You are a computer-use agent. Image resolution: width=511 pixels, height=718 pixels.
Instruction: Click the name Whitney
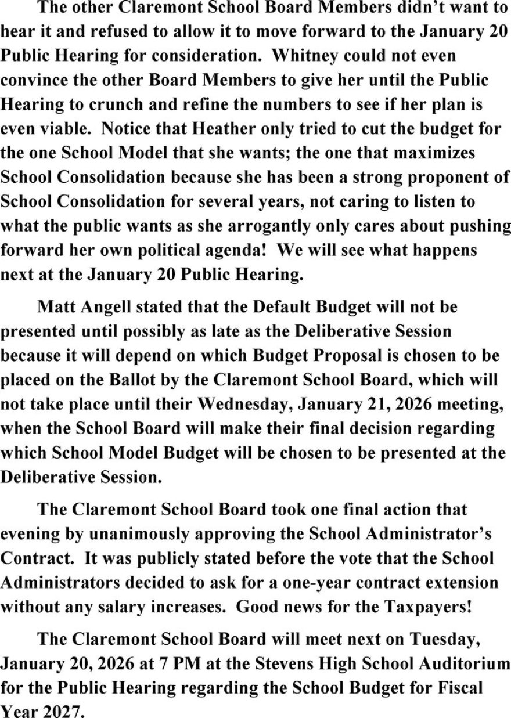(304, 56)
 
